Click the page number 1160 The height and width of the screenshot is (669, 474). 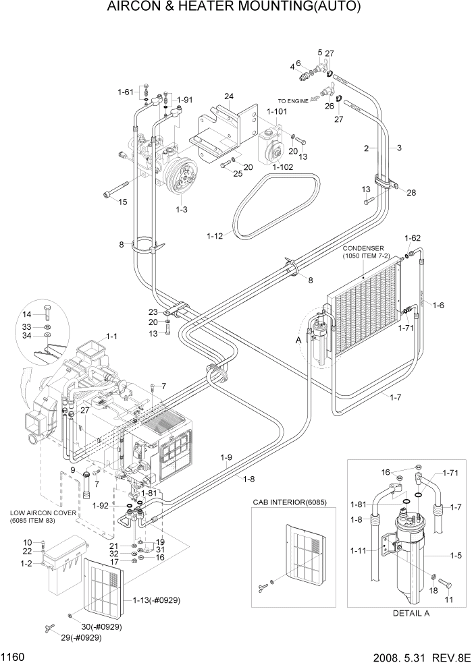[x=15, y=657]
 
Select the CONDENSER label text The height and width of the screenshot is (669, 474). [x=363, y=247]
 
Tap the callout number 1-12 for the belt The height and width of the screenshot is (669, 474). [x=215, y=235]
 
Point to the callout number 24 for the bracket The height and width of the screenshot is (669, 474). [x=229, y=96]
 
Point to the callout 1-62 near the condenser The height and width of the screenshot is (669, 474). [x=413, y=238]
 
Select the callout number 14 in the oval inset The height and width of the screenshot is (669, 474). [x=46, y=314]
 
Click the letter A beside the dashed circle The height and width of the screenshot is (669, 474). [x=299, y=341]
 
